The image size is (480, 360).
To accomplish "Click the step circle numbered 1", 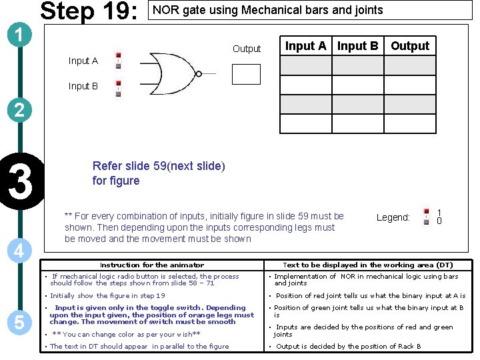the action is [x=19, y=35].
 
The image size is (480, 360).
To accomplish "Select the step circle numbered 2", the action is [x=19, y=110].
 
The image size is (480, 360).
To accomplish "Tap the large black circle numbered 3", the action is [x=21, y=181].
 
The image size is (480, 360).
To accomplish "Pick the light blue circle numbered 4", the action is [x=19, y=251].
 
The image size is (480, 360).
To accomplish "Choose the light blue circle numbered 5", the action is [x=19, y=323].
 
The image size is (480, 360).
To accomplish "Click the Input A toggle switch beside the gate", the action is [x=119, y=61].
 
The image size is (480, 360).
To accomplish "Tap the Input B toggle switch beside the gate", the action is [x=119, y=89].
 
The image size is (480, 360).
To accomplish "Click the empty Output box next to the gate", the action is [x=246, y=74].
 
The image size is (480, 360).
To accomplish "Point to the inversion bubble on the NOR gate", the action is [x=199, y=74].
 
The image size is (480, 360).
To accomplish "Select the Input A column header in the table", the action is [x=306, y=46].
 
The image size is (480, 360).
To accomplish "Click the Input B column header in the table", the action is [x=358, y=46].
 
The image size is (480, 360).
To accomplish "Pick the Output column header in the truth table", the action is [x=410, y=46].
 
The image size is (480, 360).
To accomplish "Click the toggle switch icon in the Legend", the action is [x=426, y=217].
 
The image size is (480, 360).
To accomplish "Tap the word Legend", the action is [x=393, y=217].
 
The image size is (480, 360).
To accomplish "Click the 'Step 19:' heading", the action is [x=89, y=11].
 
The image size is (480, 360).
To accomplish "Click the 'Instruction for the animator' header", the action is [x=152, y=265].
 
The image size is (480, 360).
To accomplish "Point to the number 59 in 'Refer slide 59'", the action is [x=160, y=166].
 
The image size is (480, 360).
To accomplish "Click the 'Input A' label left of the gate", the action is [x=83, y=61].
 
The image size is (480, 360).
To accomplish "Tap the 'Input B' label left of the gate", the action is [x=83, y=86].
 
